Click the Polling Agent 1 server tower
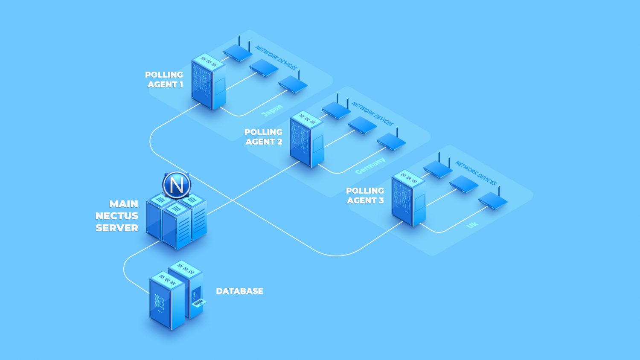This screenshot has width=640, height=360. coord(208,82)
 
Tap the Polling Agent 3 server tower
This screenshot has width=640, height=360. coord(408,198)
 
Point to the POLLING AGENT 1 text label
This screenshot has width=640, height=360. coord(164,80)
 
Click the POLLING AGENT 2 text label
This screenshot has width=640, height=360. coord(263,137)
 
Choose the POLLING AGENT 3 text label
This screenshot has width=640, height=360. coord(365,195)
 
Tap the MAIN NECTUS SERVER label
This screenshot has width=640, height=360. coord(117,216)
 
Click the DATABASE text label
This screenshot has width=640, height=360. coord(239,291)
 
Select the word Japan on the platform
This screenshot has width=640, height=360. coord(272,110)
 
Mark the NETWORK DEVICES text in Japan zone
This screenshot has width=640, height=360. coord(276,58)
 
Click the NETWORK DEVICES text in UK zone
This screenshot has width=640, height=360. coord(475,173)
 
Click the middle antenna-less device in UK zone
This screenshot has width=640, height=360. coord(464,184)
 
